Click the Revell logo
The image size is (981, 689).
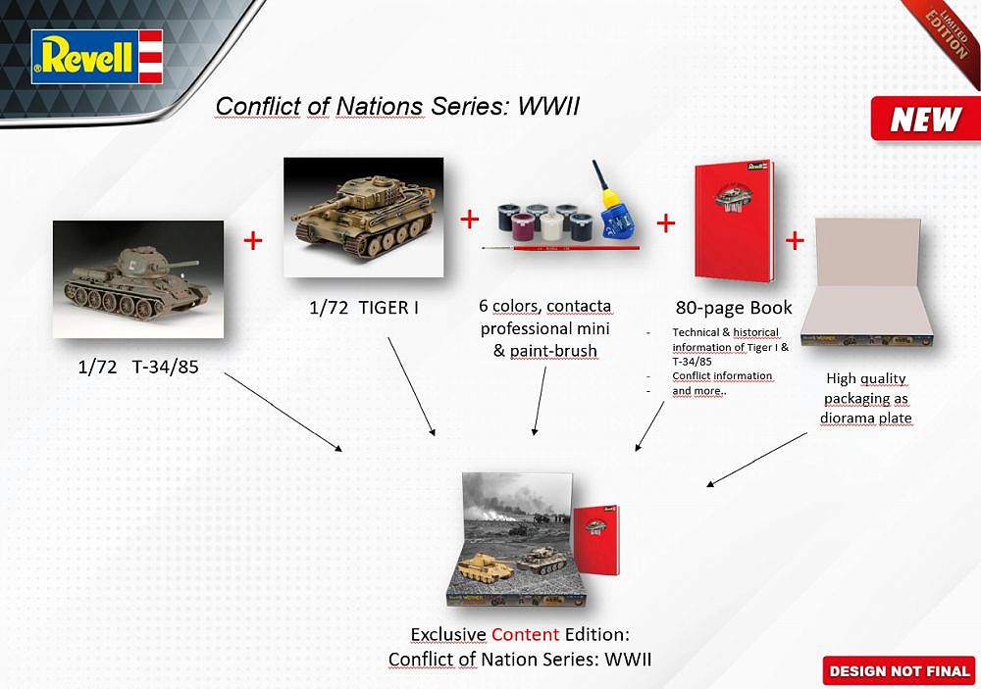pos(96,57)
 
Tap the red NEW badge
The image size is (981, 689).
pos(924,120)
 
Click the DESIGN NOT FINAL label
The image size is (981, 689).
pos(899,671)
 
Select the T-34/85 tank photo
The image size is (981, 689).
pos(137,279)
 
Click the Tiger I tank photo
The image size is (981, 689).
pos(363,217)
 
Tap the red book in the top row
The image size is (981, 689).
pos(733,221)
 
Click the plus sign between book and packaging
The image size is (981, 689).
pos(794,240)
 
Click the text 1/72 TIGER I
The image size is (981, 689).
pos(364,308)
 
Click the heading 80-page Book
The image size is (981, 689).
pos(734,307)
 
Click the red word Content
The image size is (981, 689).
pos(525,634)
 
